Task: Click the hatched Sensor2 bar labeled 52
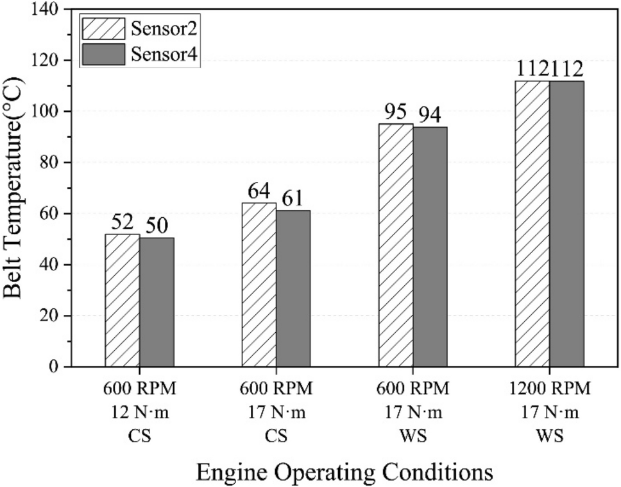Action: (122, 300)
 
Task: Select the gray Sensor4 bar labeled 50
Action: (157, 302)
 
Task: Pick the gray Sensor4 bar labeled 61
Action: (293, 288)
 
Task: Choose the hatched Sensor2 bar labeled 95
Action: (396, 245)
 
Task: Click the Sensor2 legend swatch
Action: (103, 29)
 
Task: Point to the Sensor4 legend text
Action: (164, 56)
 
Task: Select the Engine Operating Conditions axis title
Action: (345, 472)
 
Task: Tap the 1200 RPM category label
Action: (550, 389)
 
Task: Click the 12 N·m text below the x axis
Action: (139, 413)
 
